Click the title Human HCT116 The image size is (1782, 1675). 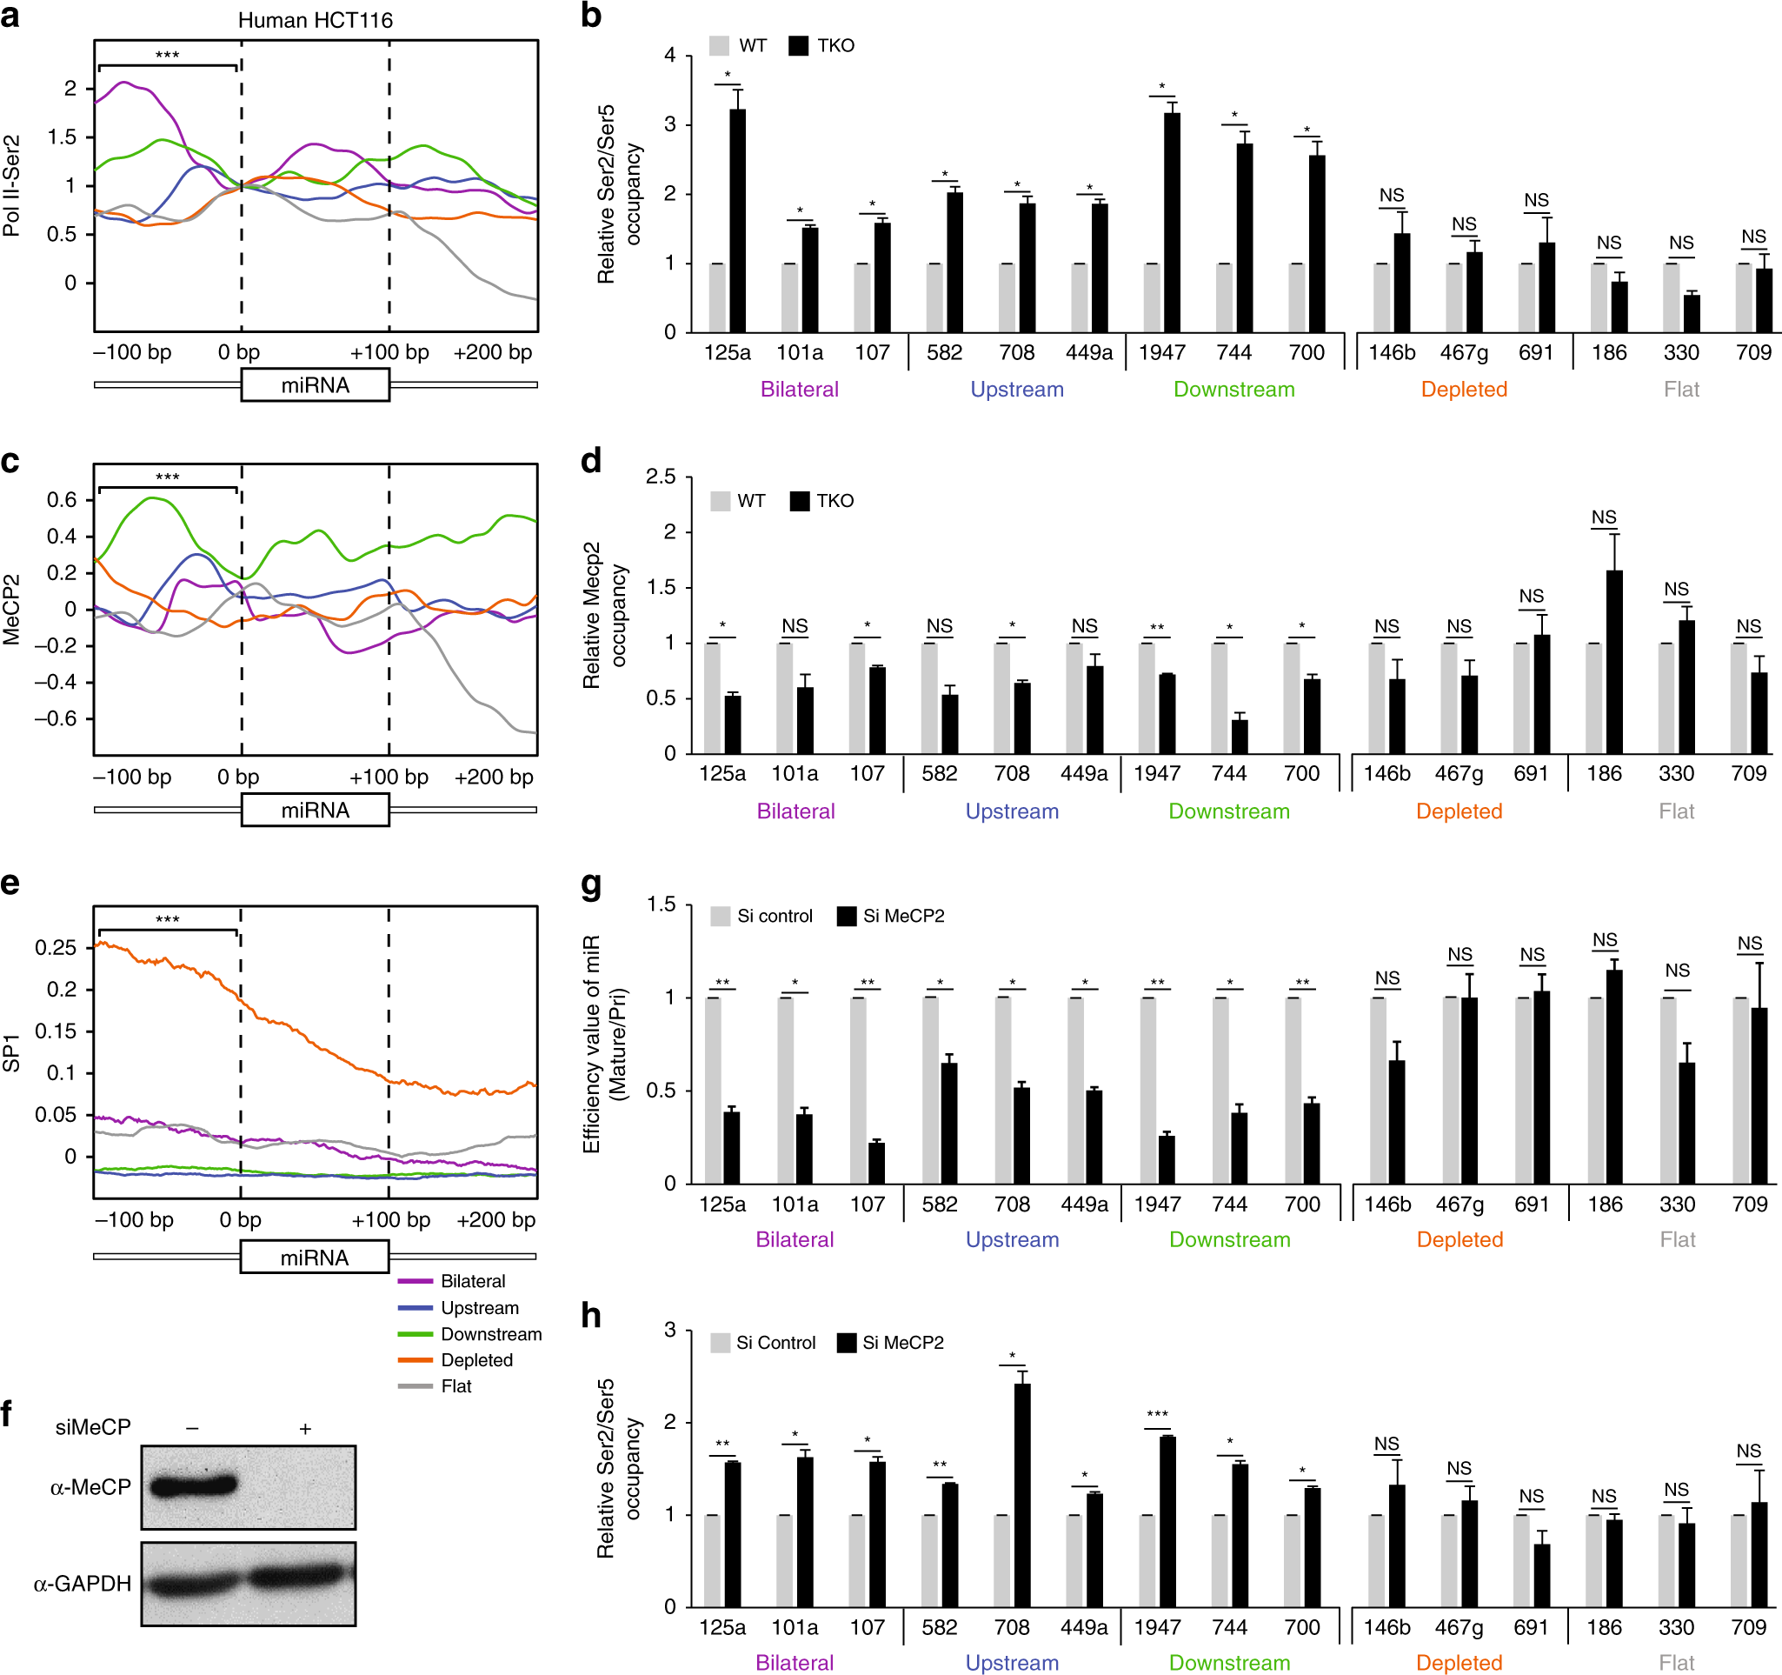[315, 20]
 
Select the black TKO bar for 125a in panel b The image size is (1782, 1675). [738, 220]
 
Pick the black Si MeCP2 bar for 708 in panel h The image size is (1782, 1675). [1022, 1494]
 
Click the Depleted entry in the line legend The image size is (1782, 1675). [476, 1359]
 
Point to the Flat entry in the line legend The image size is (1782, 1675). [455, 1385]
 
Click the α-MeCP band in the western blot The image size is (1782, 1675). [193, 1486]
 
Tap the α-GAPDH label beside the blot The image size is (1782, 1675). [83, 1584]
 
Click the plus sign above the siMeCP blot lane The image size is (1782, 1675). [305, 1428]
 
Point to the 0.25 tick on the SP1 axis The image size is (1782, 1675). [56, 947]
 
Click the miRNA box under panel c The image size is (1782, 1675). [315, 810]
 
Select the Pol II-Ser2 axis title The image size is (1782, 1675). [11, 184]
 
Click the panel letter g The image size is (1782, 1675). [591, 884]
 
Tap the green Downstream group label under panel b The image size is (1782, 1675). [1233, 389]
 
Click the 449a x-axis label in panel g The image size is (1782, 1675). [1084, 1205]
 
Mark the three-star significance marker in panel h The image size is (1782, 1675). [1157, 1414]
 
